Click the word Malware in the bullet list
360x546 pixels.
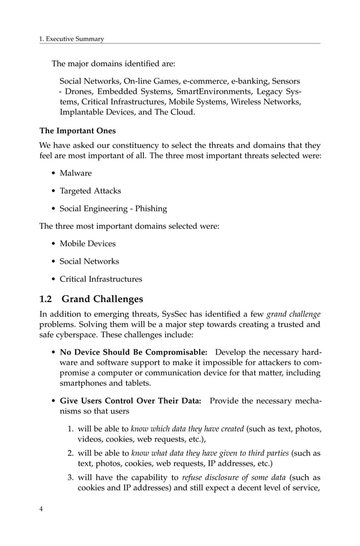tap(76, 173)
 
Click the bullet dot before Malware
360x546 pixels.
tap(53, 173)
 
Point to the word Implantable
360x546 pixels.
tap(85, 112)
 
